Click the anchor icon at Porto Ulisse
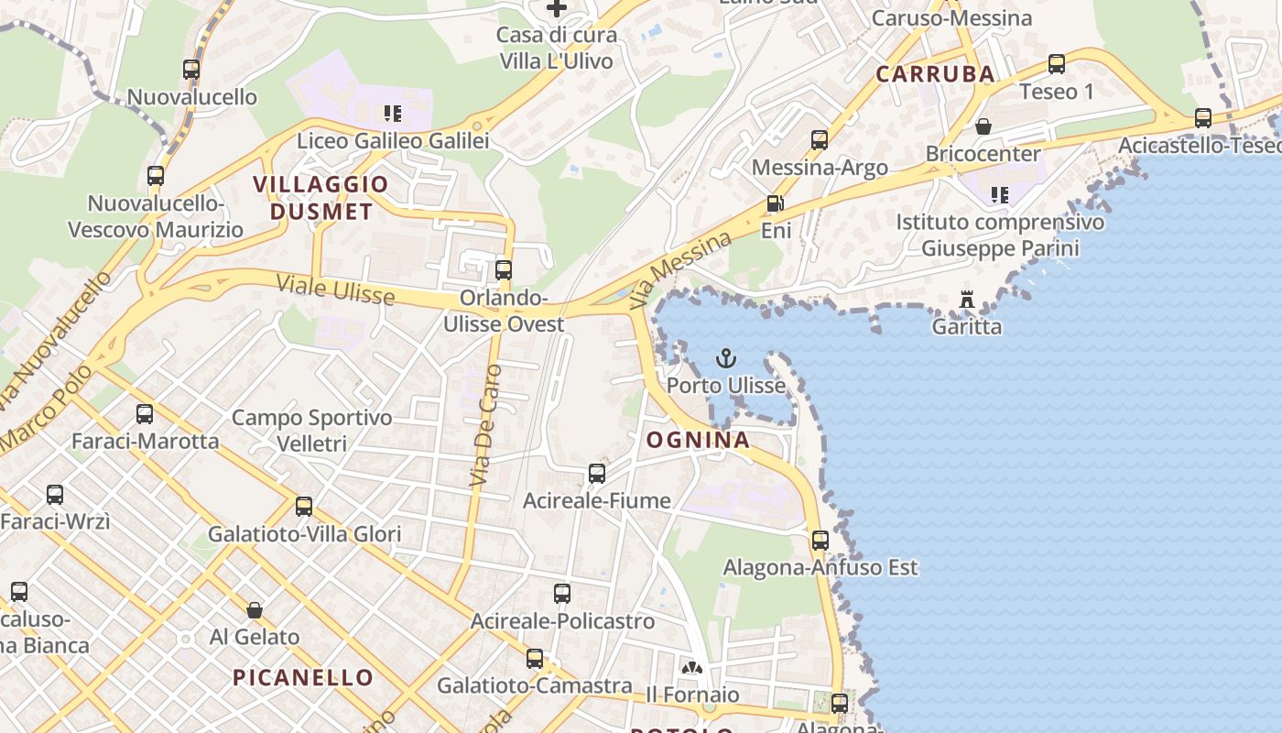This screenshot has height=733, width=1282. click(726, 357)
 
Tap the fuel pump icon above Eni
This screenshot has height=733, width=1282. click(775, 204)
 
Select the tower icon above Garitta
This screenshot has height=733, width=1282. click(966, 300)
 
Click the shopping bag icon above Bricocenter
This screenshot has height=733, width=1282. click(983, 126)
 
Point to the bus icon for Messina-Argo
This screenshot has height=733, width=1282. click(820, 140)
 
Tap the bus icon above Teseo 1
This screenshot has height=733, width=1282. click(1057, 64)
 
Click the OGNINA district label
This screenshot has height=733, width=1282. click(698, 440)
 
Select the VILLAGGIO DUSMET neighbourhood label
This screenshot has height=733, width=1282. click(320, 198)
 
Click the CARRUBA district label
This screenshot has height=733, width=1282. click(935, 74)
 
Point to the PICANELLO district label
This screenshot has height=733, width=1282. click(303, 678)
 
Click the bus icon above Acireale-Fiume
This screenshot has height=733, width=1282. click(597, 474)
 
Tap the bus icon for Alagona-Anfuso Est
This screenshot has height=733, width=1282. click(820, 541)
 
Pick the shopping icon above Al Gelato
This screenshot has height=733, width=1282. click(255, 610)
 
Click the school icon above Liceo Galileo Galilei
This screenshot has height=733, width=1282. click(393, 114)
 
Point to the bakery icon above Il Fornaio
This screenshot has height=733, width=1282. click(692, 668)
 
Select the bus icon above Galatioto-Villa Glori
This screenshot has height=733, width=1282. click(304, 507)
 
